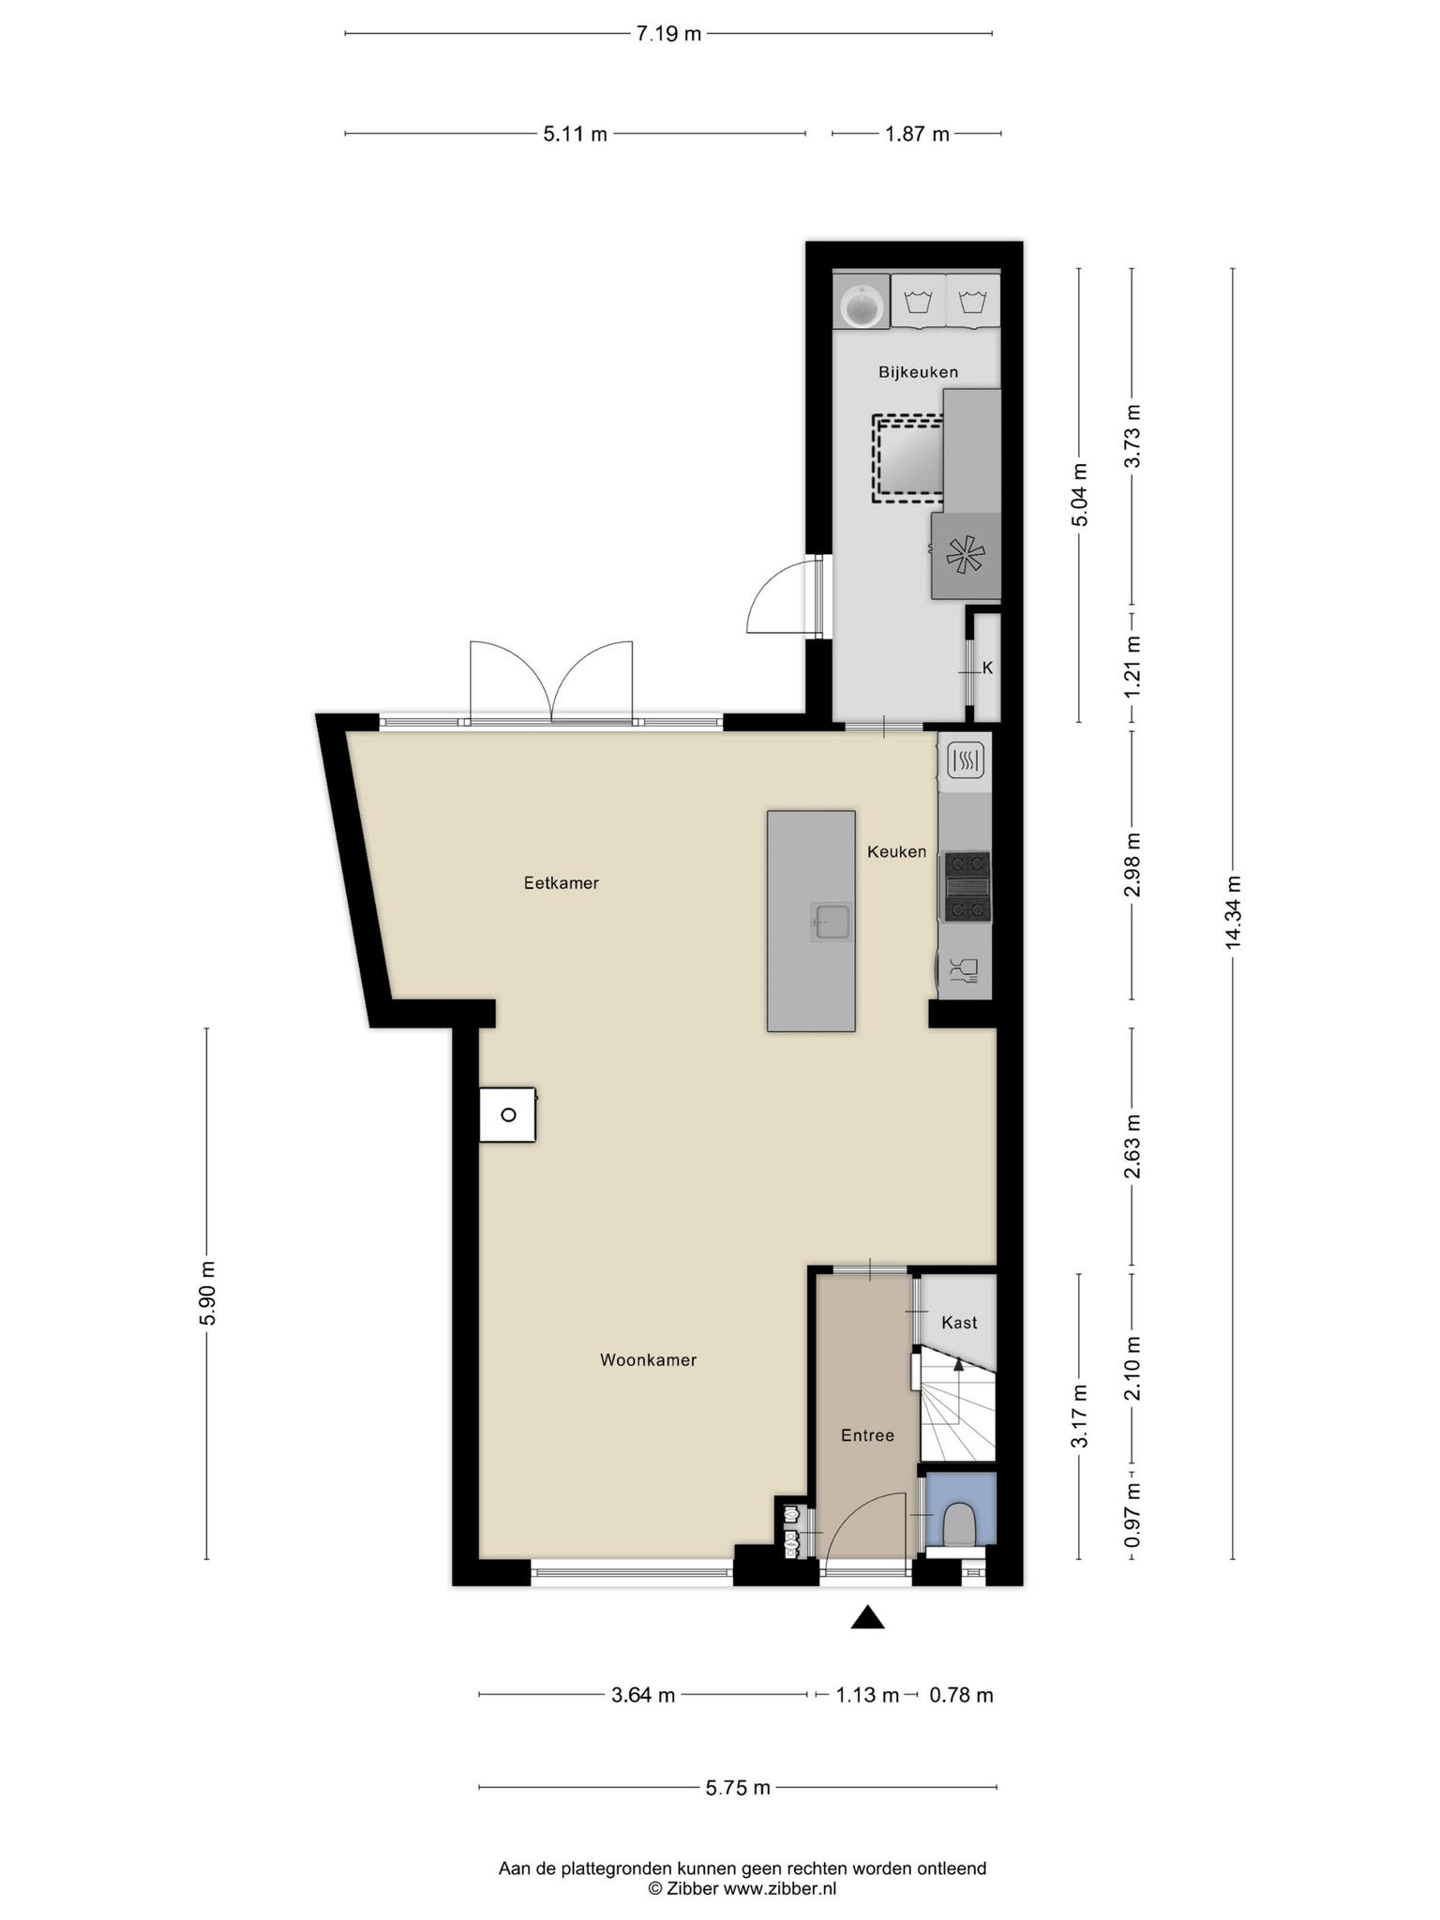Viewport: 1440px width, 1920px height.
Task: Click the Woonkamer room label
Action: point(648,1359)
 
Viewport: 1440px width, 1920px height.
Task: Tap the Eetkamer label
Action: point(561,882)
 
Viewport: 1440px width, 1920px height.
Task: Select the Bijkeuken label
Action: point(918,372)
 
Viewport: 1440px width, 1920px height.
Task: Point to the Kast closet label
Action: point(959,1322)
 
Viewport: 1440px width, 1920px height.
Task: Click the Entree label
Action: point(867,1435)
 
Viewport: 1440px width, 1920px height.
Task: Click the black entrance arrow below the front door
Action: point(867,1617)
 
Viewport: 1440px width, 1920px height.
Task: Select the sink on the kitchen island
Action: point(832,922)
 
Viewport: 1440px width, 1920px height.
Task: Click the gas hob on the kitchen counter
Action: point(967,886)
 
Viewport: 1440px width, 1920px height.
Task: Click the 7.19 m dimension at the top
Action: point(668,35)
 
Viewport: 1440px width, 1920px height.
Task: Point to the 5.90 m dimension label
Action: point(207,1293)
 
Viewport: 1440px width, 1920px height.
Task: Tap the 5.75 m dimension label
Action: point(738,1788)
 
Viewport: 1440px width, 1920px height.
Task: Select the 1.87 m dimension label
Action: point(917,134)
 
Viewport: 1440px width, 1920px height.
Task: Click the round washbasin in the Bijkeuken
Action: point(861,306)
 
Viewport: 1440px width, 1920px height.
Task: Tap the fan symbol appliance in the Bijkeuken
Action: point(966,556)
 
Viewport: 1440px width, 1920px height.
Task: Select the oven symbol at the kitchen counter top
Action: point(966,760)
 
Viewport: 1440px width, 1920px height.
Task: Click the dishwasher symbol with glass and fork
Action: point(965,970)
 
